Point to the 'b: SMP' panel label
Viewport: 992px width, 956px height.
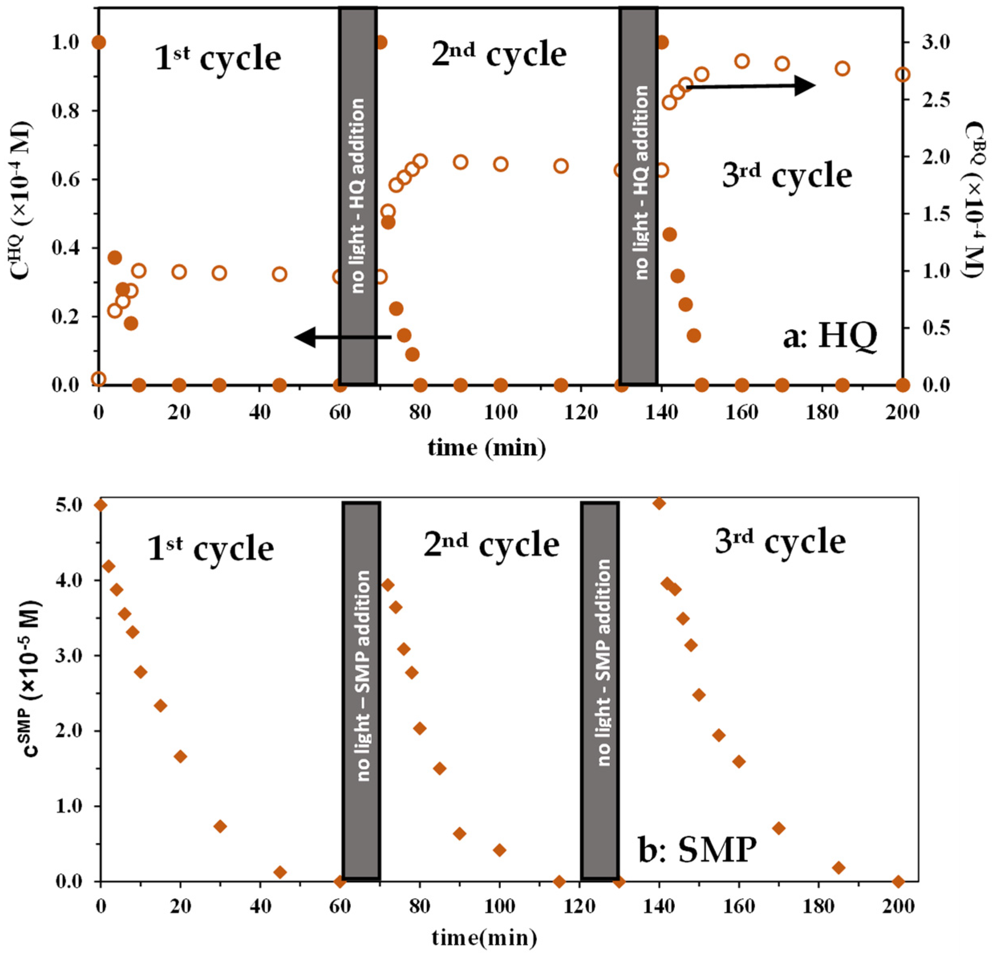pyautogui.click(x=697, y=807)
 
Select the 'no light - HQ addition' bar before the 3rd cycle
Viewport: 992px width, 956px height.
pyautogui.click(x=638, y=195)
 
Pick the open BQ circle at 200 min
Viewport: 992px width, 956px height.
pyautogui.click(x=903, y=75)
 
